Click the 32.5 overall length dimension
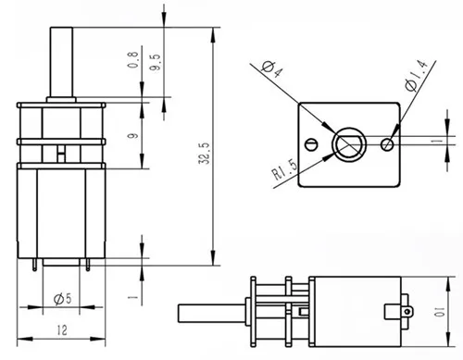click(x=205, y=153)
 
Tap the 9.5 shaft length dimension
click(x=155, y=62)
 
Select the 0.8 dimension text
click(x=132, y=60)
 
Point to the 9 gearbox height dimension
click(x=132, y=135)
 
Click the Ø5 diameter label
click(x=62, y=299)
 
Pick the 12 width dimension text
click(x=62, y=330)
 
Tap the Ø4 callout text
click(x=272, y=69)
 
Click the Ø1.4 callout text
click(x=417, y=76)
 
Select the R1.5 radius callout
click(x=285, y=169)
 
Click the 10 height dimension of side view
click(x=440, y=312)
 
